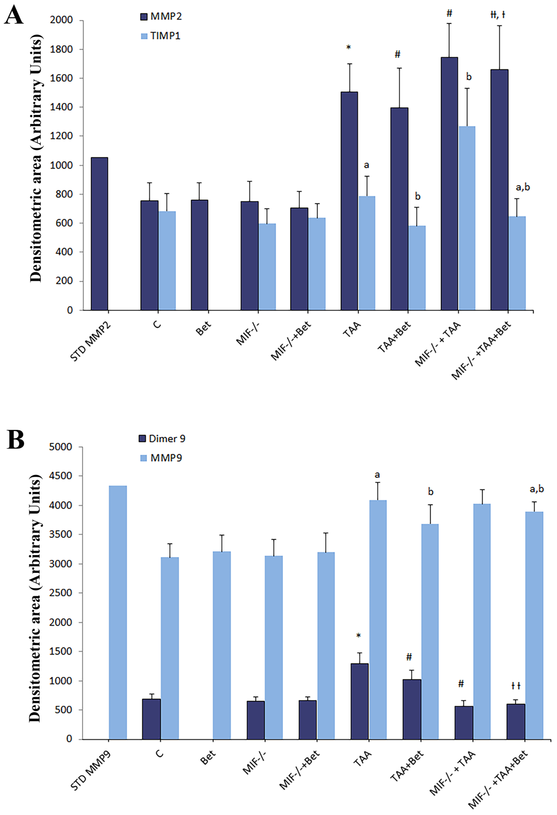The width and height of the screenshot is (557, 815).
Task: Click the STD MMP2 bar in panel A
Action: (x=99, y=234)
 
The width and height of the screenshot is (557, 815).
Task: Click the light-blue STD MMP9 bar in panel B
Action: (x=118, y=612)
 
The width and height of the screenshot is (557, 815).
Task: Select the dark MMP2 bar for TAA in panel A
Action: (x=349, y=201)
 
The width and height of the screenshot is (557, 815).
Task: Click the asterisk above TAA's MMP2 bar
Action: (x=348, y=47)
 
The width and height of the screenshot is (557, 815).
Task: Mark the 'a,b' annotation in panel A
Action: (x=523, y=187)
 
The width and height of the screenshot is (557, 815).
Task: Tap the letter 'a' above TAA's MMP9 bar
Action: (x=377, y=475)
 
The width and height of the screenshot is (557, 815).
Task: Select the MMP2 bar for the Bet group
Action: (x=200, y=255)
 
